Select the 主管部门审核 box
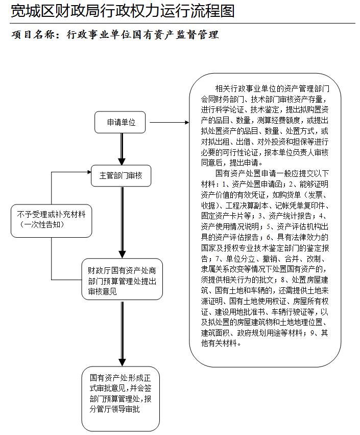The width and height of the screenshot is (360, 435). [x=121, y=175]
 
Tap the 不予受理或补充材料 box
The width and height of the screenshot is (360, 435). [x=51, y=219]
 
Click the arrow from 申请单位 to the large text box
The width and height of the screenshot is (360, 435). [x=169, y=123]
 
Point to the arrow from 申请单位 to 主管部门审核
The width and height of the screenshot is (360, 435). [x=122, y=149]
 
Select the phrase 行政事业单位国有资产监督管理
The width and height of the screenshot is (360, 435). [x=143, y=35]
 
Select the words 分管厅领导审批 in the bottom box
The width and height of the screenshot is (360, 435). [x=114, y=409]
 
